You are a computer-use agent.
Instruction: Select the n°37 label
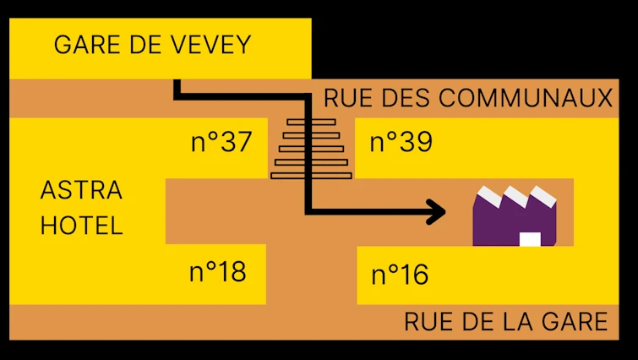pos(221,142)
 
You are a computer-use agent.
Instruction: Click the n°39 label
pos(401,142)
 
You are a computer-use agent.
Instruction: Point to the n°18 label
pos(217,271)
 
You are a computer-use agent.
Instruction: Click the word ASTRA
pos(81,190)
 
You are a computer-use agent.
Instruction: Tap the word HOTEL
pos(82,226)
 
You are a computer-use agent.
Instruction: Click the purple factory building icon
pos(515,221)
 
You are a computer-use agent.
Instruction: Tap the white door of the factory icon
pos(530,239)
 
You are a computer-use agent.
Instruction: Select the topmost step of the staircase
pos(310,123)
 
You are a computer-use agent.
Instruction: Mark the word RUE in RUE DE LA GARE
pos(425,322)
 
